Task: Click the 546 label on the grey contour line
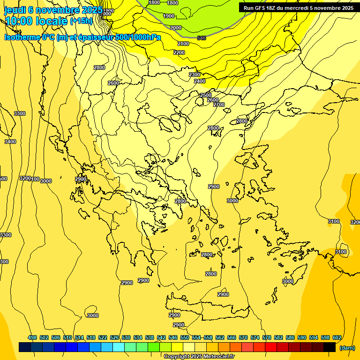pos(202,38)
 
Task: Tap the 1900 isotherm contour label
pos(169,16)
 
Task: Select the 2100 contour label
pos(183,44)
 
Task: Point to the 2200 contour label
pos(179,52)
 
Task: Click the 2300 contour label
pos(195,75)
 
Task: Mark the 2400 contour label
pos(200,81)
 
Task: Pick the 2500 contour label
pos(206,95)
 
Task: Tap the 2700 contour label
pos(219,105)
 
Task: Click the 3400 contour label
pos(10,142)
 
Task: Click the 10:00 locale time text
pos(36,22)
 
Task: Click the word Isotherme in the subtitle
pos(22,37)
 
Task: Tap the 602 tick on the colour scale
pos(337,337)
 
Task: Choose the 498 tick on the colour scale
pos(32,337)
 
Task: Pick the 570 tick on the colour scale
pos(243,337)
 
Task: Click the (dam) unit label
pos(347,348)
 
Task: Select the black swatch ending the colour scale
pos(330,347)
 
